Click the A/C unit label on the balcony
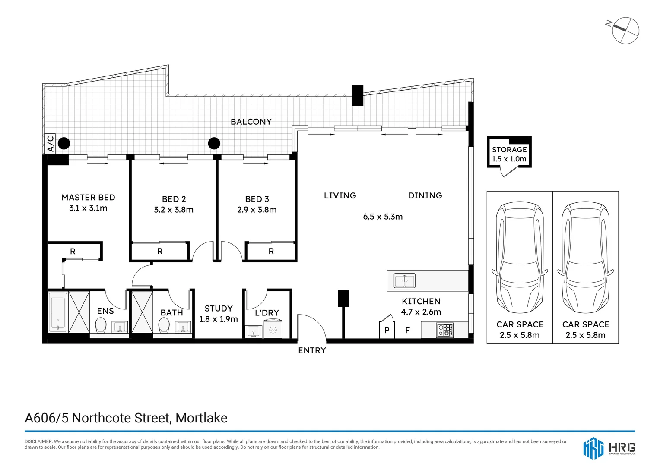[x=51, y=144]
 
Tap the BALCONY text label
[x=251, y=122]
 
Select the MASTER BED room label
[x=88, y=198]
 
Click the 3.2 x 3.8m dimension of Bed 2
[x=174, y=210]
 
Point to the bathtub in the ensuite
[x=58, y=312]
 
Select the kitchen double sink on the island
[x=404, y=281]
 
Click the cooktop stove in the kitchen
[x=445, y=330]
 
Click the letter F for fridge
[x=407, y=331]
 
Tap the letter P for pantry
[x=387, y=331]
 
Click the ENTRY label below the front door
[x=312, y=350]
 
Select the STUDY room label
[x=219, y=309]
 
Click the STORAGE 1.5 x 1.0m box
[x=509, y=154]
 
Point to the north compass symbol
[x=625, y=30]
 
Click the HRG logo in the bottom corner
[x=609, y=447]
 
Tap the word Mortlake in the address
[x=201, y=418]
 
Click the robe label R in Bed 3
[x=271, y=251]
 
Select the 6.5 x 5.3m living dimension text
[x=383, y=217]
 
